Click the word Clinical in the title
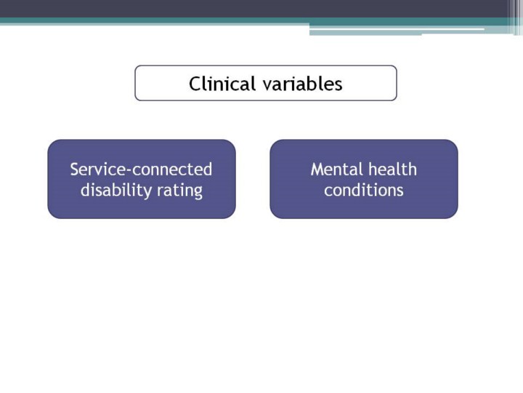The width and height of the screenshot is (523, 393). (x=222, y=83)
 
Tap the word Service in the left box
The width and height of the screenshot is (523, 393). (x=98, y=169)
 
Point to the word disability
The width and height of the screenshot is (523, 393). (x=116, y=190)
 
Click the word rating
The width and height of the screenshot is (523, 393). (x=179, y=191)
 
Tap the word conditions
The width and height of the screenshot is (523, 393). (x=364, y=190)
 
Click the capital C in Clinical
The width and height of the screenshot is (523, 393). (x=195, y=84)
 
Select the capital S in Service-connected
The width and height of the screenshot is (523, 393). (x=74, y=170)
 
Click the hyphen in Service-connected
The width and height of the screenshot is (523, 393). (x=129, y=171)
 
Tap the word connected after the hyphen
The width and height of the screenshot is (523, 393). (x=172, y=169)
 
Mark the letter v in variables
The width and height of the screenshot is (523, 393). (x=267, y=86)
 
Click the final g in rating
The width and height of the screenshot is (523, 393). (x=198, y=192)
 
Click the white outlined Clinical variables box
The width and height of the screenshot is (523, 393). (x=266, y=66)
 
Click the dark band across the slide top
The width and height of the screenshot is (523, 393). (x=254, y=9)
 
